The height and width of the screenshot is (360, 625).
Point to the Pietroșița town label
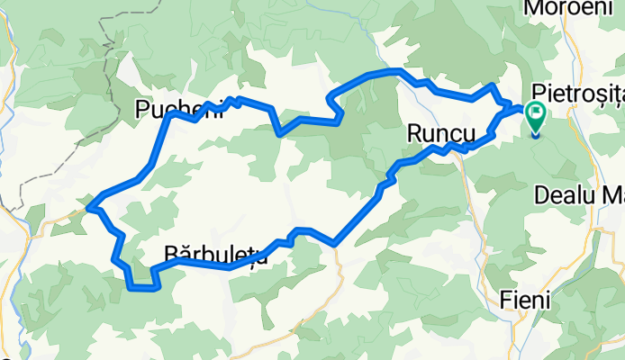click(578, 92)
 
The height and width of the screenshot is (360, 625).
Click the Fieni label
click(526, 301)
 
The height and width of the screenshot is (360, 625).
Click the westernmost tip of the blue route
click(88, 208)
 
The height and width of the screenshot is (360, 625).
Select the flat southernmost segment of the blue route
click(144, 288)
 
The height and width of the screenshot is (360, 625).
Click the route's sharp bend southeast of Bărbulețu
click(335, 243)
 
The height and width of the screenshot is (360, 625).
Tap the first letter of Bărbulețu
click(170, 255)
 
